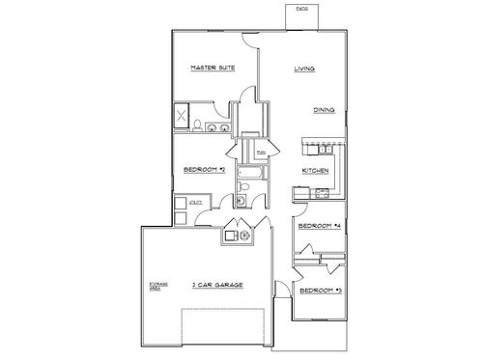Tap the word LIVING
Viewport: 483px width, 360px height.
tap(305, 69)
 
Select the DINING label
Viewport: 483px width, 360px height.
tap(325, 110)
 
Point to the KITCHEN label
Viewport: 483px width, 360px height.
tap(316, 171)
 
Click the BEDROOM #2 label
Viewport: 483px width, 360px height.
tap(204, 171)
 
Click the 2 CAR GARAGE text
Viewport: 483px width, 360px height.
tap(216, 285)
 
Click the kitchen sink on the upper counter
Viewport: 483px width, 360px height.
tap(326, 148)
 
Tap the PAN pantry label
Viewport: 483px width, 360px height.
tap(262, 152)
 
